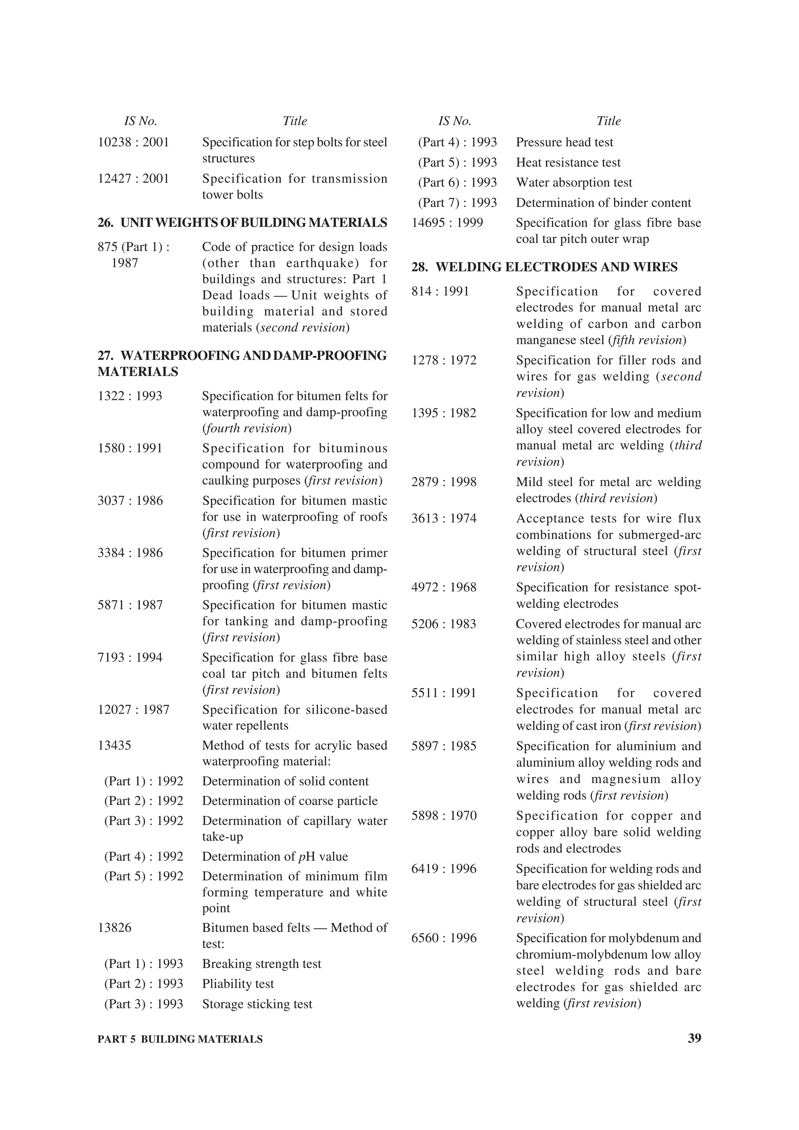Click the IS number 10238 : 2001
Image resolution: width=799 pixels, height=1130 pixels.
pos(133,142)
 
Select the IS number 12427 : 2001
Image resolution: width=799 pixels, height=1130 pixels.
pos(133,178)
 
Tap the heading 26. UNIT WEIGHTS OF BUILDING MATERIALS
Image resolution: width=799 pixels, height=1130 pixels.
pos(242,223)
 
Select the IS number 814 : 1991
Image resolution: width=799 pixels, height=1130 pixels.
pos(440,291)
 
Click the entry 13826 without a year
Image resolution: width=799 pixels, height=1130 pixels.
pos(115,928)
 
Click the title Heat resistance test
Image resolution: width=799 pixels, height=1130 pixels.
pos(568,163)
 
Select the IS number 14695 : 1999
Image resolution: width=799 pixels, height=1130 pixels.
pos(447,223)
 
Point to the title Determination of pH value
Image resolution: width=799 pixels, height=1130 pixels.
pos(275,856)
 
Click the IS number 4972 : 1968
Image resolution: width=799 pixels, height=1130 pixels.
pos(444,587)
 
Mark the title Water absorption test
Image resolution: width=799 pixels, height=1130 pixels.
pos(574,182)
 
